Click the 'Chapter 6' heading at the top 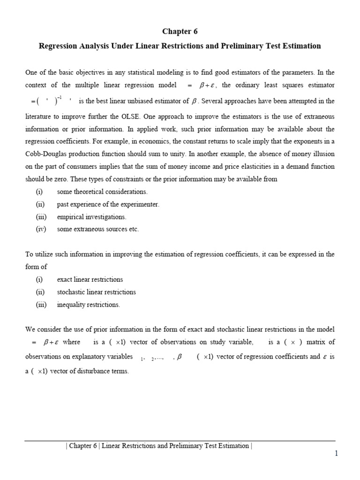180,31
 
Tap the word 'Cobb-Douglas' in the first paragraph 45,154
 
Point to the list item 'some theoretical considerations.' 102,192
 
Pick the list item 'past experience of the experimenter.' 108,204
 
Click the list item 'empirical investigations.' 91,217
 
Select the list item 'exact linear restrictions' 90,279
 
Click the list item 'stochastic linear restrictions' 96,292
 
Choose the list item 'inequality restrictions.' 88,305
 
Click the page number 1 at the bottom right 336,453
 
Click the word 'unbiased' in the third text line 145,101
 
